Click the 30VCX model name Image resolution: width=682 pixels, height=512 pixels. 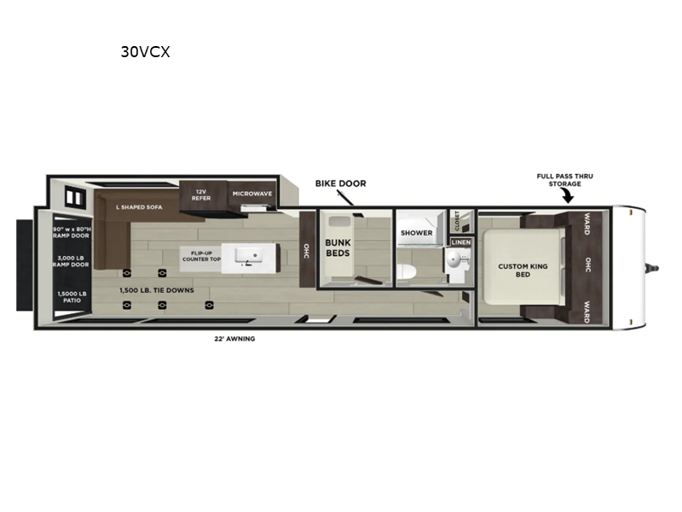tap(145, 52)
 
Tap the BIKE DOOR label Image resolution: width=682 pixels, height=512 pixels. tap(340, 183)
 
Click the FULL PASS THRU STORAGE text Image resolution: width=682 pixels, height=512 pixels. tap(564, 180)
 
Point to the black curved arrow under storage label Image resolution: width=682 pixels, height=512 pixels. tap(568, 196)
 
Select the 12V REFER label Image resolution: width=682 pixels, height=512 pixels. tap(201, 195)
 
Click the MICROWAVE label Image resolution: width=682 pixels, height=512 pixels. tap(252, 194)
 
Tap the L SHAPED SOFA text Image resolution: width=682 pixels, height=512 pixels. tap(139, 207)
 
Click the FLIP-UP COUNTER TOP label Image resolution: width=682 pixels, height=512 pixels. tap(201, 256)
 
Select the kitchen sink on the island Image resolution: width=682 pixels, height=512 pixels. tap(248, 257)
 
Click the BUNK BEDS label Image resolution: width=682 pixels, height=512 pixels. tap(338, 247)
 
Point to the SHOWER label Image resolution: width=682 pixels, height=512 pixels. tap(417, 233)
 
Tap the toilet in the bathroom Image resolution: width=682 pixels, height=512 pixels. tap(407, 272)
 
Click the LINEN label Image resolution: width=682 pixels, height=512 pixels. tap(461, 242)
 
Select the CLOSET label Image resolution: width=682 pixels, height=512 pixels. tap(457, 221)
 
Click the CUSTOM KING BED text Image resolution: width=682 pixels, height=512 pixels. tap(523, 270)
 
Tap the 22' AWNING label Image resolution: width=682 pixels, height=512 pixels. tap(234, 339)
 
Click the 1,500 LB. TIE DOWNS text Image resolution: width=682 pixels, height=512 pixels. tap(157, 290)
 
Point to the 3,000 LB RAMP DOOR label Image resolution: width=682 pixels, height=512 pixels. tap(71, 261)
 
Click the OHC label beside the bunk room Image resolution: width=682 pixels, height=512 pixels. tap(306, 251)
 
